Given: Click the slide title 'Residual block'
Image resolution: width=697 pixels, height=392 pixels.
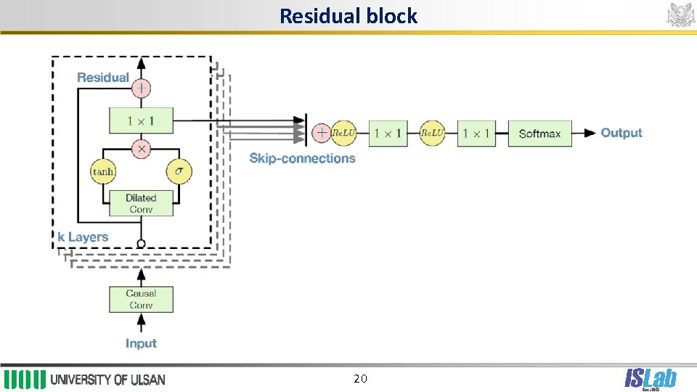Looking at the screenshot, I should (348, 16).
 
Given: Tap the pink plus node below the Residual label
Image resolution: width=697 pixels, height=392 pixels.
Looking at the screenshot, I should (141, 89).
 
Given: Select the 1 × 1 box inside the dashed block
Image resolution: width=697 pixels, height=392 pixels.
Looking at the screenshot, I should (141, 120).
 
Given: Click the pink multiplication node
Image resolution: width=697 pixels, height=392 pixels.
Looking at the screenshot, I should (141, 149).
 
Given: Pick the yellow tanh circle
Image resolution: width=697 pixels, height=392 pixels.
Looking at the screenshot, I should (103, 172).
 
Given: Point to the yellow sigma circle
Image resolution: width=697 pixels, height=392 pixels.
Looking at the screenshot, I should (179, 172).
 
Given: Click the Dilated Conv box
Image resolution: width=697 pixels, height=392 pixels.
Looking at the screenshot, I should (141, 203).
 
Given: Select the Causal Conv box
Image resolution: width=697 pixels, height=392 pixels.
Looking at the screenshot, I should (141, 299).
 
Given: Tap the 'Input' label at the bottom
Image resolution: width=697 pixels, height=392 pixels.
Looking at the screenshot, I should (141, 343).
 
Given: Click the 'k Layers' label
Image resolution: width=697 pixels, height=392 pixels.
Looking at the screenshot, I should (83, 237).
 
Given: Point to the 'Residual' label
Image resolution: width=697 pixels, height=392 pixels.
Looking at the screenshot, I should (103, 78).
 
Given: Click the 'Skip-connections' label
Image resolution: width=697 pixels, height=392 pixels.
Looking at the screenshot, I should (302, 158).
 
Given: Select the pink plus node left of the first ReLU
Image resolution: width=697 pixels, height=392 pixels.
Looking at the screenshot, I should (321, 133).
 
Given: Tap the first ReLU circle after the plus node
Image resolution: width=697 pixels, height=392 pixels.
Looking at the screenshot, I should (343, 133).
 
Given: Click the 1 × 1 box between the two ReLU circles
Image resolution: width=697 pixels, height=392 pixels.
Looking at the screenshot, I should (388, 134).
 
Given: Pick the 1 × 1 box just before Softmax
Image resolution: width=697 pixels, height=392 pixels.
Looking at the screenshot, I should (476, 134).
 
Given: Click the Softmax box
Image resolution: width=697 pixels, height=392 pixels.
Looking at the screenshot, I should (539, 134).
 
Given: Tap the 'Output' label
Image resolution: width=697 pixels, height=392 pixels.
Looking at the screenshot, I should (621, 133).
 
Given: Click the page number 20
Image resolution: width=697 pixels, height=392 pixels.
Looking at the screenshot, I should (360, 378).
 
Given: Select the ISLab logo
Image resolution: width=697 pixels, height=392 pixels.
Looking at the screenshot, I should (650, 379).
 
